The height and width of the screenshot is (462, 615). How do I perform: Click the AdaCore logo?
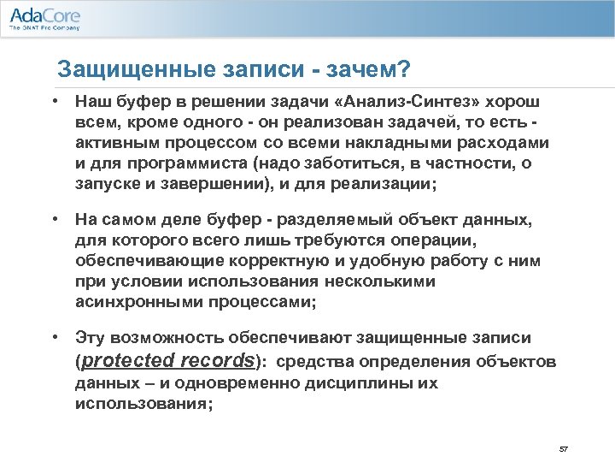coord(44,15)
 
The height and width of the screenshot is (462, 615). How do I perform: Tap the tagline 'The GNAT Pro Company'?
coord(44,28)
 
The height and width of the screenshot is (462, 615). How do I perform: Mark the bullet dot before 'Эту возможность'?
coord(54,339)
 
